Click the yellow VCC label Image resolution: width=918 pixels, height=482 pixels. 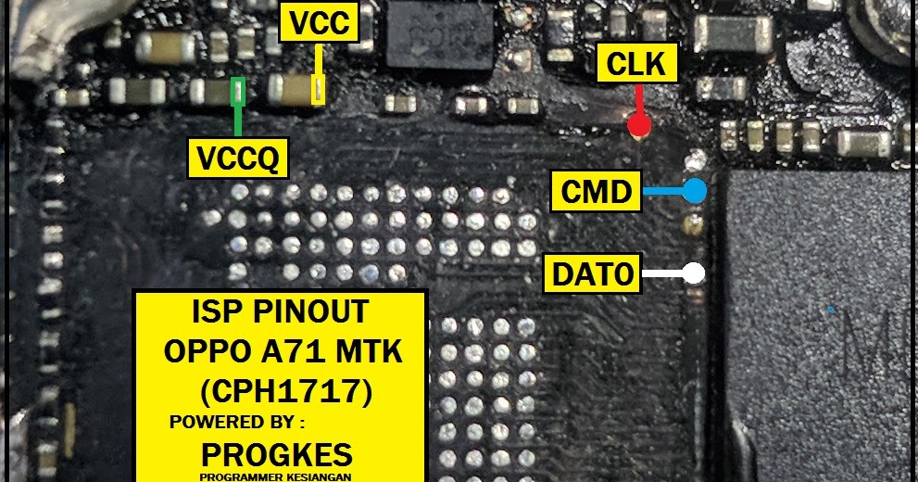point(319,24)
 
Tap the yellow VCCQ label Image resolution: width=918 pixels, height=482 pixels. point(237,158)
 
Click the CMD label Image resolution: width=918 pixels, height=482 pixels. point(596,193)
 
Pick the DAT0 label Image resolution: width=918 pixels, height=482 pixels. point(592,273)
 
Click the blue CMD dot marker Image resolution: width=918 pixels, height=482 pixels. point(694,191)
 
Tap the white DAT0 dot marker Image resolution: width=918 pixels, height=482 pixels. point(693,273)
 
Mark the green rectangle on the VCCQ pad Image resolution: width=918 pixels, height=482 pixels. point(239,90)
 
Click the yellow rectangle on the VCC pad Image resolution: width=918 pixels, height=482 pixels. point(319,90)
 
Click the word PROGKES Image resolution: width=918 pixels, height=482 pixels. point(277,455)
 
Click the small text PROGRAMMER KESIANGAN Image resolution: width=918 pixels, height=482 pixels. point(275,476)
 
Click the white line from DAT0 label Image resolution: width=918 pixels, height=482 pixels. point(661,273)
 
